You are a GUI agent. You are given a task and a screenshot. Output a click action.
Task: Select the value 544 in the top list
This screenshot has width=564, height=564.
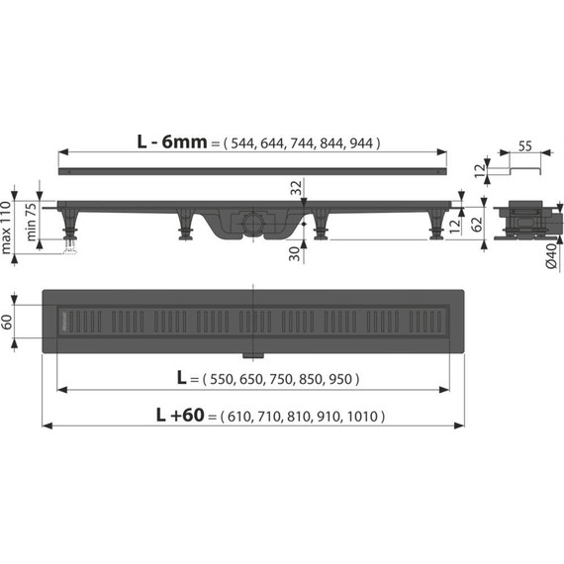point(243,142)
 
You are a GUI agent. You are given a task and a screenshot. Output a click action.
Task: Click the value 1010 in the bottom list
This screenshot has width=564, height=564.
point(363,418)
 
